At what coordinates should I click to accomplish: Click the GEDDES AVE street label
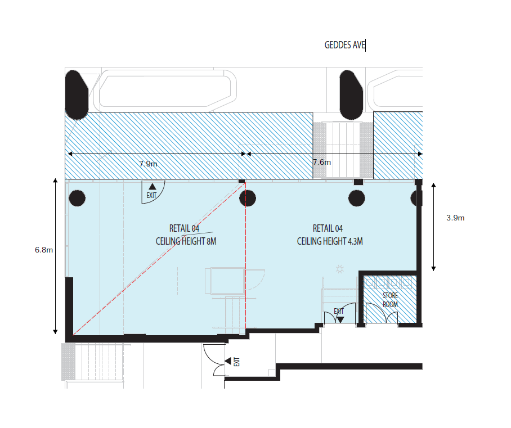coord(344,45)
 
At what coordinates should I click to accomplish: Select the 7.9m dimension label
coord(149,164)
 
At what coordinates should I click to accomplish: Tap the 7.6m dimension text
coord(322,162)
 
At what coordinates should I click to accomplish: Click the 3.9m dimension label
coord(455,218)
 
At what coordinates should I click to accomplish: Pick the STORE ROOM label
coord(390,300)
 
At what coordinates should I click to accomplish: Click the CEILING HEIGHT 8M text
coord(186,241)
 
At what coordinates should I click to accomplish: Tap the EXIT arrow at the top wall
coord(151,186)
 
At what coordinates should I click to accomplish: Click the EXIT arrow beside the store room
coord(340,319)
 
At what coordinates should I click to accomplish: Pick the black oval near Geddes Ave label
coord(351,94)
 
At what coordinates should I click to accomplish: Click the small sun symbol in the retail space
coord(339,269)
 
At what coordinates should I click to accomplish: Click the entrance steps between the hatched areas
coord(343,149)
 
